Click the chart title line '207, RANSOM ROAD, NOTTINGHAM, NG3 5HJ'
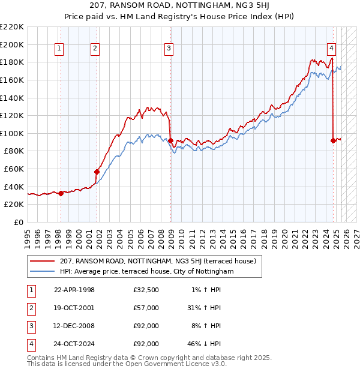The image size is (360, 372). pyautogui.click(x=179, y=7)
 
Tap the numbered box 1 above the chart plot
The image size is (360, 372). pyautogui.click(x=60, y=49)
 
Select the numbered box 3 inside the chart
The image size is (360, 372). pyautogui.click(x=169, y=49)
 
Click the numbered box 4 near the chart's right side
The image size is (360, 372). pyautogui.click(x=332, y=49)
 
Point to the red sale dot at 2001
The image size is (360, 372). pyautogui.click(x=97, y=172)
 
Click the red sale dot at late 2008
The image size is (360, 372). pyautogui.click(x=171, y=141)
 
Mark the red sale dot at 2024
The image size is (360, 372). pyautogui.click(x=334, y=140)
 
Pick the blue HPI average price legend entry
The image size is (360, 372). pyautogui.click(x=146, y=271)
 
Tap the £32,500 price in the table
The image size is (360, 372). pyautogui.click(x=146, y=290)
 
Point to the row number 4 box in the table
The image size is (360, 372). pyautogui.click(x=29, y=344)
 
